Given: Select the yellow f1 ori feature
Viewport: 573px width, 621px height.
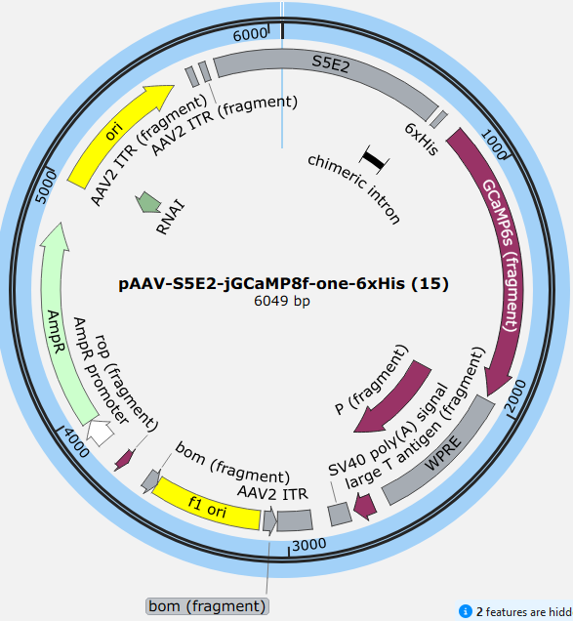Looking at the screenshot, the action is coord(207,504).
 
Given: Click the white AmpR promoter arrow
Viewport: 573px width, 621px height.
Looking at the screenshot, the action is coord(101,433).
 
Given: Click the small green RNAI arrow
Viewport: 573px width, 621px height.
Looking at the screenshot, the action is coord(148,202).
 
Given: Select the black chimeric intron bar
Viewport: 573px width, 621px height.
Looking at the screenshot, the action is coord(374,159).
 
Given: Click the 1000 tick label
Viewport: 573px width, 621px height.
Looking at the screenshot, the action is coord(494,145).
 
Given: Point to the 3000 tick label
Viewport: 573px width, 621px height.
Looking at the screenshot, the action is coord(309,545).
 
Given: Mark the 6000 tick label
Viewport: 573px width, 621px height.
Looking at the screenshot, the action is coord(250,34).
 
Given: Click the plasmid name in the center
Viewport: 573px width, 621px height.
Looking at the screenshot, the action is coord(283,284).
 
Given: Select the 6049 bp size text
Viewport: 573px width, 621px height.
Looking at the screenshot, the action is coord(282,302).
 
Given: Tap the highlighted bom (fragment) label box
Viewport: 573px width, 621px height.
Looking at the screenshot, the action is coord(207,606).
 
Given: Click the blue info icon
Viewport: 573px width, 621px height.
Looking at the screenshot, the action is coord(466,611).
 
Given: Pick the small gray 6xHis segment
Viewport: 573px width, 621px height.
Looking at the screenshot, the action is coord(438,119).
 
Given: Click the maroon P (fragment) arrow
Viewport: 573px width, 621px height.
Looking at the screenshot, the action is coord(392,397).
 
